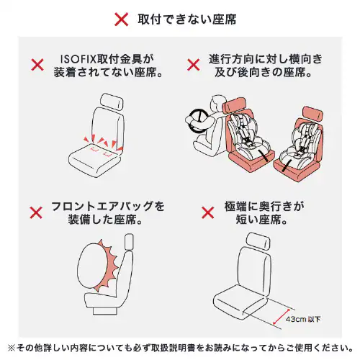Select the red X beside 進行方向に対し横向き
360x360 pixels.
[193, 65]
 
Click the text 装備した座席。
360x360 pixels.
[108, 220]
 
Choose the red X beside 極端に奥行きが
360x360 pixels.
[207, 213]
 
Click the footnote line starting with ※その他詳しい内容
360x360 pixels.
[180, 347]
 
